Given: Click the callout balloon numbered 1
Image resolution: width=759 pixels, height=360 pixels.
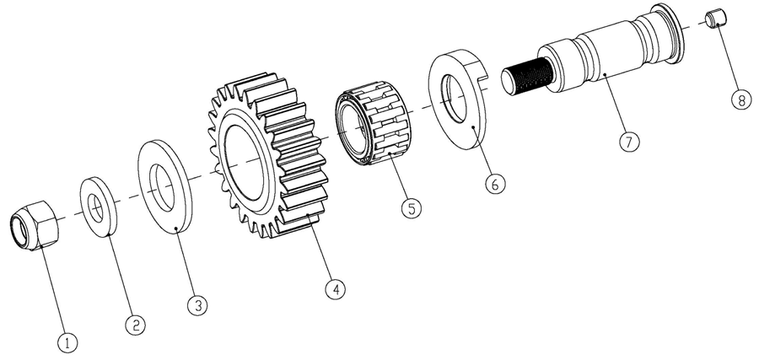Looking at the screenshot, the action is tap(67, 343).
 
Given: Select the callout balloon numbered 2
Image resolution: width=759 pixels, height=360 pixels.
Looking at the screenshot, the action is tap(135, 325).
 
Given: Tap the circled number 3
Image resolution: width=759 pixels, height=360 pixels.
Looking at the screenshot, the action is tap(197, 305).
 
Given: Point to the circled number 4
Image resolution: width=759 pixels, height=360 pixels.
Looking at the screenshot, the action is tap(336, 289).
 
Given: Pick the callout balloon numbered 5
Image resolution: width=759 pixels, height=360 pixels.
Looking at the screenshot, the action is tap(412, 208).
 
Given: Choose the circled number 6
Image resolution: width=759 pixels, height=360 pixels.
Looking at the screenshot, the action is tap(495, 184).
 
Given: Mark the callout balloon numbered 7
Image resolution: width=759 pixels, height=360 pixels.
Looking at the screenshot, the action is tap(629, 142).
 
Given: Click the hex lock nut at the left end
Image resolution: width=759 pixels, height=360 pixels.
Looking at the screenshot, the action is tap(35, 225).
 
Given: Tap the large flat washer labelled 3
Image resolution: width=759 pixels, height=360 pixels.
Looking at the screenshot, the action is tap(165, 187).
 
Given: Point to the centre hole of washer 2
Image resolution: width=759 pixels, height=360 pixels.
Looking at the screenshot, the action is tap(96, 208).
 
